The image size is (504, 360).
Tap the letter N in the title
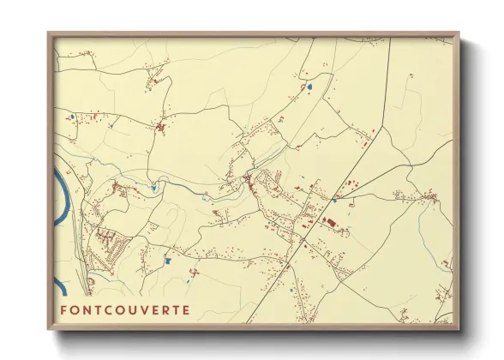click(x=91, y=309)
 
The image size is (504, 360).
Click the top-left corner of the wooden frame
click(x=49, y=33)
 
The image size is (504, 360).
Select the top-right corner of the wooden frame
click(x=459, y=33)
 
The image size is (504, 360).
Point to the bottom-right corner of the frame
click(x=459, y=330)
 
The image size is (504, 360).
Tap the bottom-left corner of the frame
click(x=49, y=330)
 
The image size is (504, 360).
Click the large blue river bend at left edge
click(x=60, y=197)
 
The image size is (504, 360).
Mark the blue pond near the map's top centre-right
click(x=309, y=86)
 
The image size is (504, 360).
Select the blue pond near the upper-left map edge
click(x=72, y=117)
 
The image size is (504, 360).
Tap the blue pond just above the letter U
click(x=168, y=260)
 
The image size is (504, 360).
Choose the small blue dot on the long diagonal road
click(x=334, y=200)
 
